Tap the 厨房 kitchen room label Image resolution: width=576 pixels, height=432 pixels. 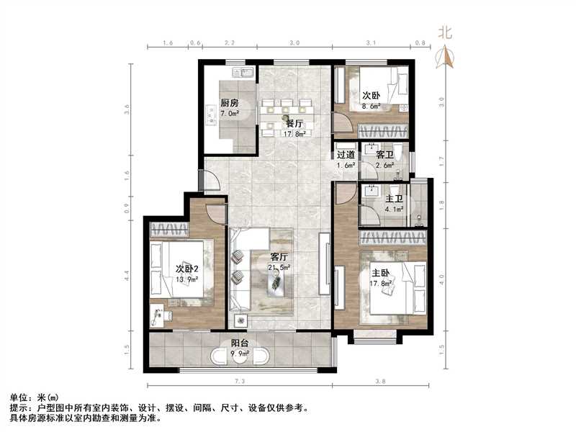pos(230,102)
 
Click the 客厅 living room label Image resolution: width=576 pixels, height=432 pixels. pos(279,256)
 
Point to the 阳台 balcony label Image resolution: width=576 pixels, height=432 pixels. pos(240,343)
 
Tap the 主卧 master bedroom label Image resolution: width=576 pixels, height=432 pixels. pos(381,274)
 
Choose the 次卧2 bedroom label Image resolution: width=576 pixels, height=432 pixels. pos(186,269)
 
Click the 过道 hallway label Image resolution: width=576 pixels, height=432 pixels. pos(346,155)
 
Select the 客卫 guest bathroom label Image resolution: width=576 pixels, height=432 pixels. pos(385,155)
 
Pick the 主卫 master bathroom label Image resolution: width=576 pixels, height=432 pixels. pos(394,199)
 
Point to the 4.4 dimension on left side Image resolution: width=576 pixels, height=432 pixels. pos(127,274)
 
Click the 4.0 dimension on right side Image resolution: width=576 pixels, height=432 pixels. pos(442,274)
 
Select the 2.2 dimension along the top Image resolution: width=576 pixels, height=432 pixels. pos(229,44)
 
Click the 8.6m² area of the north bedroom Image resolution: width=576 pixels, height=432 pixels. pos(372,106)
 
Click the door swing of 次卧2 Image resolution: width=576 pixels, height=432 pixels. pos(215,213)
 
